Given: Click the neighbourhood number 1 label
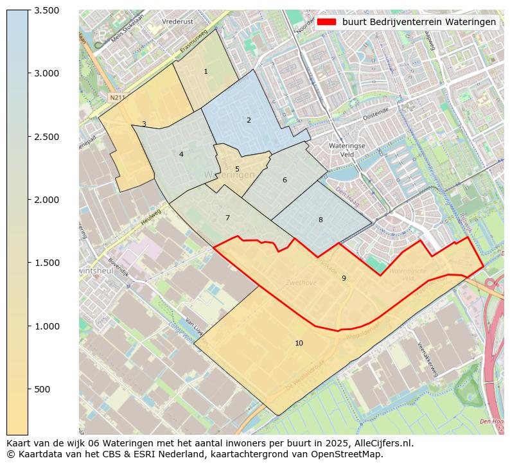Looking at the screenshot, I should (206, 71).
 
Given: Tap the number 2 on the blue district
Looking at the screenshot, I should (249, 120).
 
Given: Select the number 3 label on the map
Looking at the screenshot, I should (144, 124).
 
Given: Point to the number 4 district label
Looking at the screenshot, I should (181, 154).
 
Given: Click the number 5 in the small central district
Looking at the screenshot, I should (237, 170).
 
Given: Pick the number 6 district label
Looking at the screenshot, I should (285, 180).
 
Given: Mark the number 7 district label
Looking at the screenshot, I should (227, 218).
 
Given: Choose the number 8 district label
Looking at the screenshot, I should (321, 220).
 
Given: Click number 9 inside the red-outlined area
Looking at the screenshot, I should (344, 278).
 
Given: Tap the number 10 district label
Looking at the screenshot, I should (299, 343).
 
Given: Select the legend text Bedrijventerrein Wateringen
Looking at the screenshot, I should (419, 22).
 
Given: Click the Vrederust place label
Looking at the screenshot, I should (178, 21).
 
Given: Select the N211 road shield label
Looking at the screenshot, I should (116, 98).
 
